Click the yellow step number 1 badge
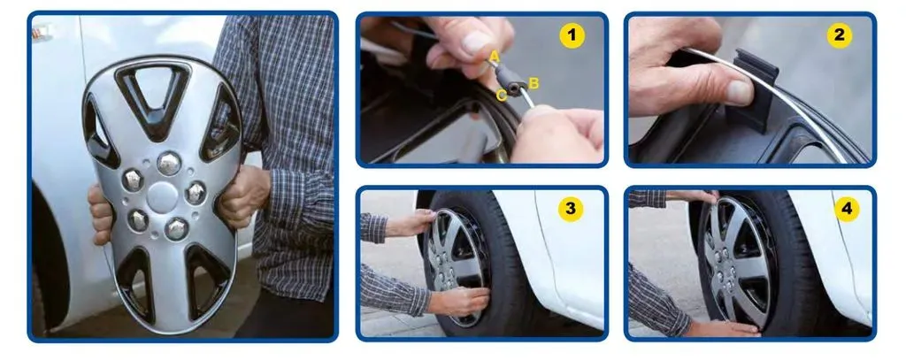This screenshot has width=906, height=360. click(572, 36)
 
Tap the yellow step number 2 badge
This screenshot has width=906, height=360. click(839, 36)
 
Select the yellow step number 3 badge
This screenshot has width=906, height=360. click(571, 209)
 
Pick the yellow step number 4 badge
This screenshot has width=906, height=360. click(847, 209)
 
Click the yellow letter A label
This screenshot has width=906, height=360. click(494, 56)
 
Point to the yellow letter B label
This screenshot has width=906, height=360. click(534, 83)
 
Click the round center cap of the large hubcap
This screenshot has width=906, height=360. click(162, 196)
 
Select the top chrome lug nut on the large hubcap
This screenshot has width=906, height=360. click(169, 163)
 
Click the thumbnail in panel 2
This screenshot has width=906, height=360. click(739, 93)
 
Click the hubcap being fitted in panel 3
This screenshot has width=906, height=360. click(456, 266)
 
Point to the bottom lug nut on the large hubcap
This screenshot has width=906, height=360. click(176, 229)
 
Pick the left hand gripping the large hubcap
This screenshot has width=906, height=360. click(101, 214)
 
